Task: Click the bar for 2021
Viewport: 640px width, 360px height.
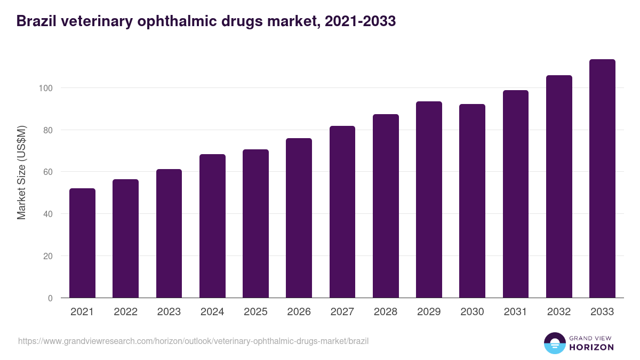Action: coord(82,243)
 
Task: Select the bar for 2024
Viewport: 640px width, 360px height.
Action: coord(212,226)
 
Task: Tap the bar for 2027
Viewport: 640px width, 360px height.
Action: coord(342,212)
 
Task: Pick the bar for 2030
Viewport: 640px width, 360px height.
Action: coord(472,201)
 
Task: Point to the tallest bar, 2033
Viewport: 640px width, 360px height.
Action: coord(602,179)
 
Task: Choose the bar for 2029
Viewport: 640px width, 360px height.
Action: coord(429,199)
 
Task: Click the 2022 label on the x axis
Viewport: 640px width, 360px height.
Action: coord(125,312)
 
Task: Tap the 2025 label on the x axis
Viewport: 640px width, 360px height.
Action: coord(255,312)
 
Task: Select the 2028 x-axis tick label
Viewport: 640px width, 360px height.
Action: coord(386,312)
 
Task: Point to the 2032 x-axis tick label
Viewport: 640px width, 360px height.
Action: coord(559,312)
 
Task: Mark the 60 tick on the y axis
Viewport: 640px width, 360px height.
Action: coord(48,172)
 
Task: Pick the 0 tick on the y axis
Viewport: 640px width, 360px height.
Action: coord(51,298)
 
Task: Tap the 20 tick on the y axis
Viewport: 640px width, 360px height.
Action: coord(48,256)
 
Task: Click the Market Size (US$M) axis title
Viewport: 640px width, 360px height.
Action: coord(21,172)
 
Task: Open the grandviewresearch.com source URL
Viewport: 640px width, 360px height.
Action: coord(193,341)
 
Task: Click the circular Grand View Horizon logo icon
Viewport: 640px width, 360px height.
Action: coord(554,343)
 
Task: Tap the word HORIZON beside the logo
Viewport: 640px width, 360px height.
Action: coord(592,347)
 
